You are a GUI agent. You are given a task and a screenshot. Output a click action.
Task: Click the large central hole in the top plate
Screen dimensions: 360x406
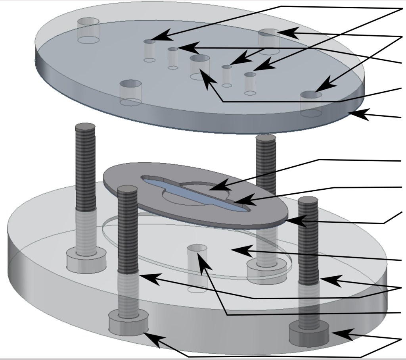[199, 60]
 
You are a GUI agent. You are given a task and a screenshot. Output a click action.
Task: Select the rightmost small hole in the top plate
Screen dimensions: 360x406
[249, 74]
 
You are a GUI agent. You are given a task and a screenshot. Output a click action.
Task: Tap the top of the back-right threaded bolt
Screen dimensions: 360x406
[265, 139]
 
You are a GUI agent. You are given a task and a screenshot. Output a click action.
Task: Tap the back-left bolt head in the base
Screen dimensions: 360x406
[86, 260]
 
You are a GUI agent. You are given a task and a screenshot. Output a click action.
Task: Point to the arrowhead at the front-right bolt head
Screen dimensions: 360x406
[345, 335]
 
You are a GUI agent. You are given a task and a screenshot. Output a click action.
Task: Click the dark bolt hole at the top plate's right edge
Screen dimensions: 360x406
[311, 94]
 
